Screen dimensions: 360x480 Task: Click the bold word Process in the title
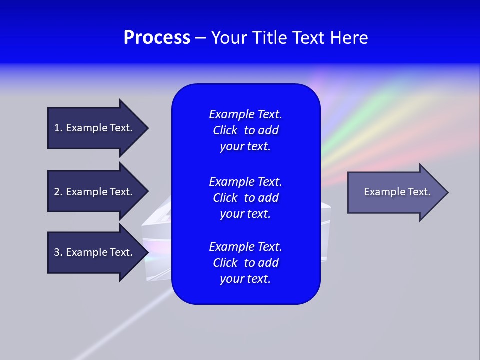(x=157, y=38)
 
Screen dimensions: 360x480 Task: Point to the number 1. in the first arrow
(x=58, y=128)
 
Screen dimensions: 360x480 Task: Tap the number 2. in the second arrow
(x=58, y=192)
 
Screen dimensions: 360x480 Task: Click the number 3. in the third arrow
(x=58, y=252)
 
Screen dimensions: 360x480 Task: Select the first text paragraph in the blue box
(x=245, y=130)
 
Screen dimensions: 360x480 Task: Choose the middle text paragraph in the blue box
(x=245, y=198)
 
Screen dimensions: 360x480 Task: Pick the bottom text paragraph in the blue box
(x=245, y=263)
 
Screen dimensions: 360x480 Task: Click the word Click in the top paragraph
(x=225, y=130)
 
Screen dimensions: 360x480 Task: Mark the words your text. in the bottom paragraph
(x=245, y=279)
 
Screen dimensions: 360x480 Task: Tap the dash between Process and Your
(x=200, y=38)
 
